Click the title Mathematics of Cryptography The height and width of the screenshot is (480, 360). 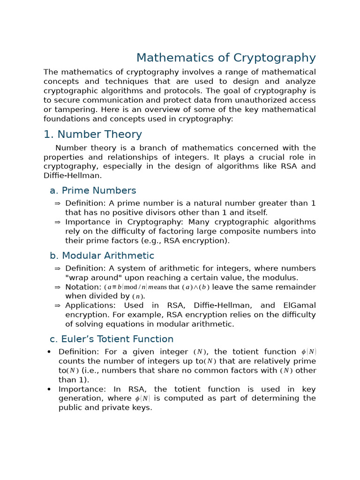tap(226, 58)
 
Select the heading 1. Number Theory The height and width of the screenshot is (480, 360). tap(92, 135)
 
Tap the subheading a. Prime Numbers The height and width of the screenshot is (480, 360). tap(93, 191)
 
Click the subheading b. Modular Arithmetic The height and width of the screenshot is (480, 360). tap(102, 256)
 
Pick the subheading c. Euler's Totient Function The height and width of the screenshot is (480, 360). tap(112, 339)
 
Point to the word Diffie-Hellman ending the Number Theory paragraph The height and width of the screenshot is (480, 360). tap(72, 176)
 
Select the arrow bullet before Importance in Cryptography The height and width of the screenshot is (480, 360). tap(57, 222)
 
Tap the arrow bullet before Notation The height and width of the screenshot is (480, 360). tap(57, 287)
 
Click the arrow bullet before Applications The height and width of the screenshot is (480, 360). tap(57, 306)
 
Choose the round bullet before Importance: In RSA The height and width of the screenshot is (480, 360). tap(49, 390)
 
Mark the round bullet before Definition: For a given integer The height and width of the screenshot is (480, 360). tap(49, 352)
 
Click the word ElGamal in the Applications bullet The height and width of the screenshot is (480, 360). tap(300, 306)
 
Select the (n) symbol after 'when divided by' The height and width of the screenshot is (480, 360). tap(138, 296)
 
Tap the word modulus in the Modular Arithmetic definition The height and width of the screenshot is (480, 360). tap(281, 278)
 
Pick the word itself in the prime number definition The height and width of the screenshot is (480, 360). tap(255, 213)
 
